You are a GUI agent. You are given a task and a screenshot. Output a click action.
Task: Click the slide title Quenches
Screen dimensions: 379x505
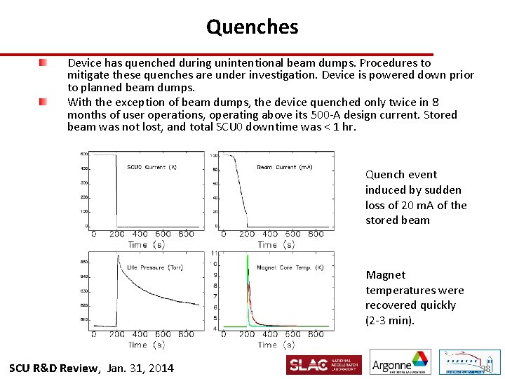[252, 27]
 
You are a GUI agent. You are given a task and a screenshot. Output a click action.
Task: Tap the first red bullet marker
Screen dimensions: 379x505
[43, 63]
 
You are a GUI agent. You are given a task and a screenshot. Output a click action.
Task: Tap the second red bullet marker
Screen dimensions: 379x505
[43, 102]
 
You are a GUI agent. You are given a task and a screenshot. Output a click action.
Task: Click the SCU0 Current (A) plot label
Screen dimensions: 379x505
[151, 166]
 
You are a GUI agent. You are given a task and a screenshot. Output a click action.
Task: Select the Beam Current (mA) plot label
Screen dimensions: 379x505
[284, 166]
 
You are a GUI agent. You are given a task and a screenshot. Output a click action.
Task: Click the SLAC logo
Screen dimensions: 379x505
[323, 365]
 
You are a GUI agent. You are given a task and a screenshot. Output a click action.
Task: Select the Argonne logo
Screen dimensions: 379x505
[400, 364]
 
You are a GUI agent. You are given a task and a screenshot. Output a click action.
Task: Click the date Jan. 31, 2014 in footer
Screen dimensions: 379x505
[141, 368]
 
